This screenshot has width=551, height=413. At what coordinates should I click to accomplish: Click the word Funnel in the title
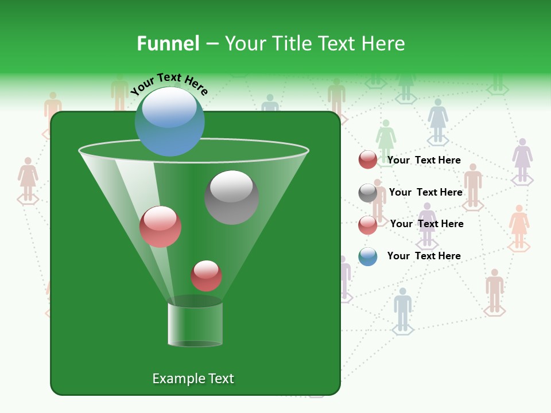pyautogui.click(x=168, y=43)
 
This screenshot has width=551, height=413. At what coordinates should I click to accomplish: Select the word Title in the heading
pyautogui.click(x=289, y=43)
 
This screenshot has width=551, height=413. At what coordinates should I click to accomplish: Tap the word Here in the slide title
pyautogui.click(x=382, y=43)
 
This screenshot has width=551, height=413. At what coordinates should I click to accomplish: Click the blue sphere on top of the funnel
pyautogui.click(x=169, y=122)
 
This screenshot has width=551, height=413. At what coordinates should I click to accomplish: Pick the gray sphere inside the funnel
pyautogui.click(x=231, y=197)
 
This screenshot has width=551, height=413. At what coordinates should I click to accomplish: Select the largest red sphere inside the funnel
pyautogui.click(x=160, y=227)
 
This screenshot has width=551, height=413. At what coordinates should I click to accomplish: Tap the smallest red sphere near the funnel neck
pyautogui.click(x=206, y=275)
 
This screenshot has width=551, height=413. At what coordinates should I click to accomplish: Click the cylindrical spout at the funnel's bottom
pyautogui.click(x=195, y=324)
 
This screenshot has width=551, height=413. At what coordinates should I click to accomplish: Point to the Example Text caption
pyautogui.click(x=193, y=379)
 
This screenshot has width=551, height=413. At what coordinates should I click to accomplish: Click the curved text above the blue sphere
pyautogui.click(x=169, y=84)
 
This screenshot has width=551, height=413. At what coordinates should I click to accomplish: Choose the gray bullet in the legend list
pyautogui.click(x=367, y=193)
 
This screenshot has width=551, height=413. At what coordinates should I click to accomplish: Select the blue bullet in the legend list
pyautogui.click(x=367, y=256)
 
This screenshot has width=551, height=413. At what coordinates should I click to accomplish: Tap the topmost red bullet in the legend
pyautogui.click(x=367, y=160)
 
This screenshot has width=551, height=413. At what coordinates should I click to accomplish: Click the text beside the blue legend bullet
pyautogui.click(x=424, y=256)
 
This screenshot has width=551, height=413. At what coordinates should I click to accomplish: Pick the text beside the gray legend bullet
pyautogui.click(x=425, y=192)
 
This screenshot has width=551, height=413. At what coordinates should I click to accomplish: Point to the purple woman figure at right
pyautogui.click(x=522, y=159)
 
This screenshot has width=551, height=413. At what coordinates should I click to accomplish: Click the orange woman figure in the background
pyautogui.click(x=518, y=224)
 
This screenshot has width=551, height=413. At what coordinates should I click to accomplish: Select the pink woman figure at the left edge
pyautogui.click(x=28, y=178)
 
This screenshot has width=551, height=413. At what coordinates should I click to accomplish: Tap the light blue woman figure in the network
pyautogui.click(x=437, y=119)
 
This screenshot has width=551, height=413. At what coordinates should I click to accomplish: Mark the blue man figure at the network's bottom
pyautogui.click(x=402, y=309)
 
